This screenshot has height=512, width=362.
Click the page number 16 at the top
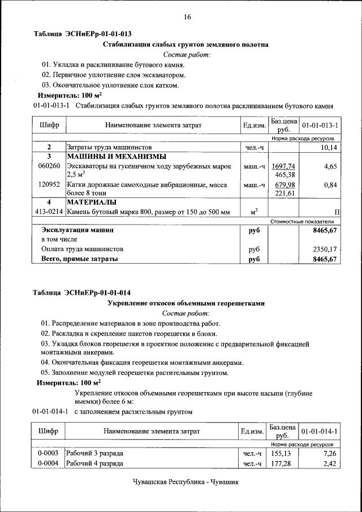point(187,17)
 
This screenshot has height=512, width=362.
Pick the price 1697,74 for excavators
point(283,166)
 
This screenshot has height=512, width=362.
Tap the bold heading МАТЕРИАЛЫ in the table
point(92,202)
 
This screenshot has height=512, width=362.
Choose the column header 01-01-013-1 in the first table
point(320,124)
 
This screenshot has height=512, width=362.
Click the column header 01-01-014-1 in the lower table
point(320,432)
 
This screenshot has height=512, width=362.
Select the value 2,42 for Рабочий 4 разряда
point(330,464)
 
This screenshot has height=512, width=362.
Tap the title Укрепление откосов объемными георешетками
point(186,303)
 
